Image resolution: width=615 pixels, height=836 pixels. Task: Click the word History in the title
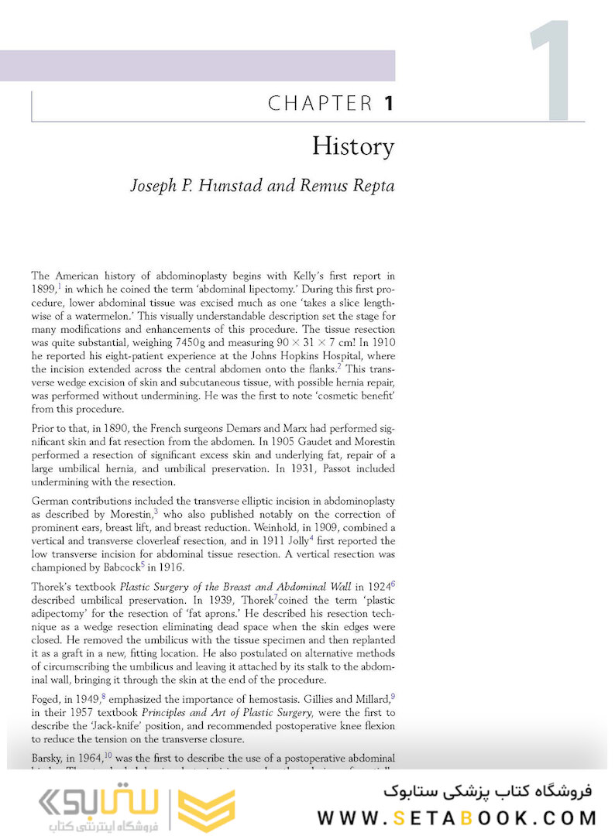coord(352,146)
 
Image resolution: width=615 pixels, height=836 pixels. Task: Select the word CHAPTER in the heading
coord(320,103)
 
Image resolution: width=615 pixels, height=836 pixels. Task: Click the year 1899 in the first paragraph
coord(44,289)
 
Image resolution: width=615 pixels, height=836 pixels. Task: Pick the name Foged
coord(46,700)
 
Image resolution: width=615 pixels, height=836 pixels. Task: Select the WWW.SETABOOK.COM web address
coord(457,817)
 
